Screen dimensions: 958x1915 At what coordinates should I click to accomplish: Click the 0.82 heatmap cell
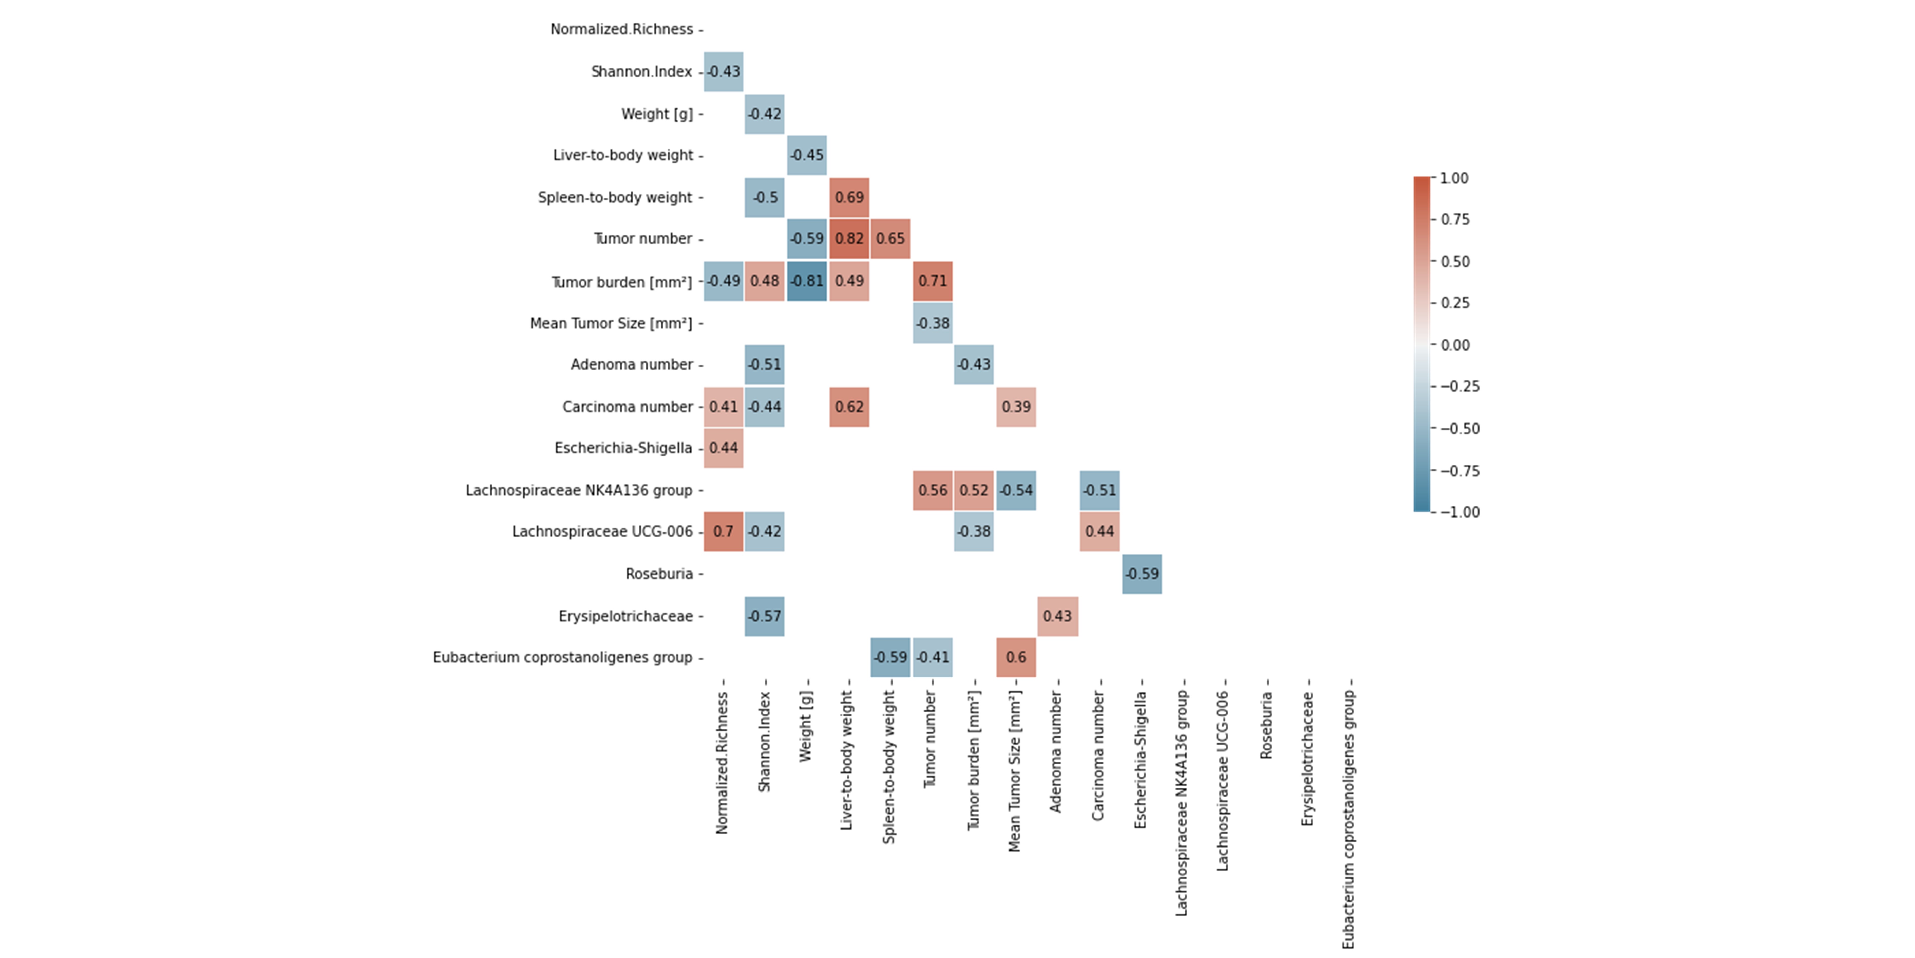(x=849, y=239)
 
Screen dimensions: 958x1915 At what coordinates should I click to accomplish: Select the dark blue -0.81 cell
(x=807, y=281)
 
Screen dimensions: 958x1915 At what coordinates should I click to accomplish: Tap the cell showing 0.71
(x=932, y=281)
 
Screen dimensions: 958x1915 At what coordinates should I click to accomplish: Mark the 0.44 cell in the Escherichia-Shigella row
(x=723, y=448)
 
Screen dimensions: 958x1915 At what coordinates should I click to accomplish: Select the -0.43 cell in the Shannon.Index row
(x=723, y=71)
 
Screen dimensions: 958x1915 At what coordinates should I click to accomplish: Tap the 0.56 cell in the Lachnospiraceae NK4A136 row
(x=932, y=490)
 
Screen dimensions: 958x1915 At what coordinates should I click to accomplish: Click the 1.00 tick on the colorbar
(x=1453, y=178)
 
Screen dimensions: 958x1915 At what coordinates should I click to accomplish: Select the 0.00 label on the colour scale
(x=1455, y=345)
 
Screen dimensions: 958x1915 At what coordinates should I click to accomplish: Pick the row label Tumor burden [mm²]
(x=621, y=282)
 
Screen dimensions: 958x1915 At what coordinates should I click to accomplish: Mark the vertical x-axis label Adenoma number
(x=1056, y=751)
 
